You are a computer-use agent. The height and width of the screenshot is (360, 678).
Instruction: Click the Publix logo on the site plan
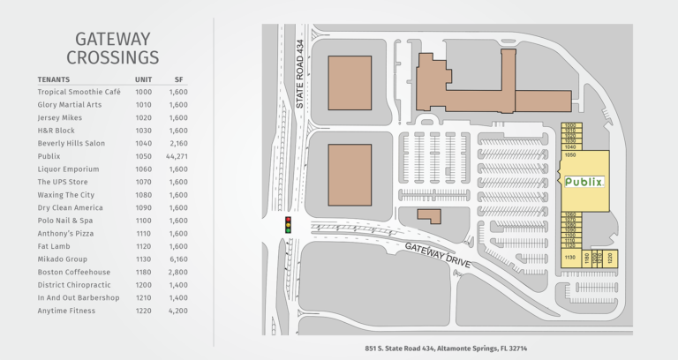coord(584,183)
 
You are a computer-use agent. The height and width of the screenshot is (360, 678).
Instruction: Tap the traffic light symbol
coord(287,224)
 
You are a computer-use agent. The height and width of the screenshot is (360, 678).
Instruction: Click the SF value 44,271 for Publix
coord(177,156)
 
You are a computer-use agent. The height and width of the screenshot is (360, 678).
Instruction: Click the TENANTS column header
coord(55,79)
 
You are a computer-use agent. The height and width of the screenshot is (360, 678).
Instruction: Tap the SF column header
coord(178,79)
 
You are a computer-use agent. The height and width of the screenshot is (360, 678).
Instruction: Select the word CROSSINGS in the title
coord(112,58)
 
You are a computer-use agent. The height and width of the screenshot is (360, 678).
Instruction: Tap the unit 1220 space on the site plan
coord(607,258)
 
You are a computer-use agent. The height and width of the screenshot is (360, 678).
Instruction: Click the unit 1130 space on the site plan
coord(570,258)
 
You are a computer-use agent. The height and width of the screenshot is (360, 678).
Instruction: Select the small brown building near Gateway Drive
coord(429,215)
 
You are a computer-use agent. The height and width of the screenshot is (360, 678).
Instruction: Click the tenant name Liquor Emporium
coord(68,169)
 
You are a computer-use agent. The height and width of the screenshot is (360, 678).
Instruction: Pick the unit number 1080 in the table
coord(143,194)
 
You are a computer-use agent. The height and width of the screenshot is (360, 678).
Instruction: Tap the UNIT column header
coord(143,79)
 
